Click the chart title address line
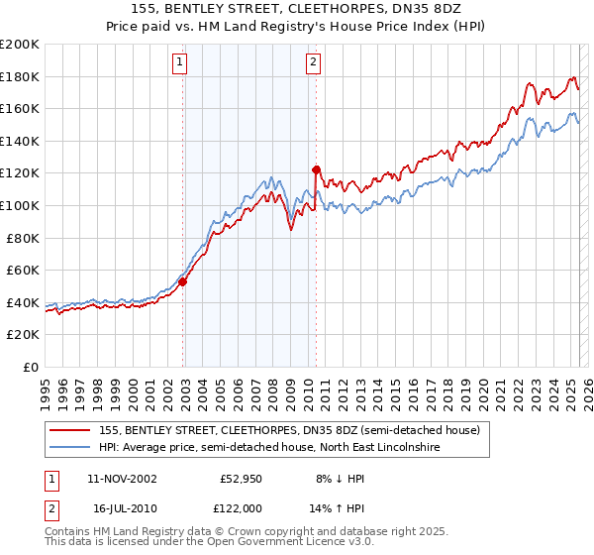296,9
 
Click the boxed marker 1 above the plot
180,62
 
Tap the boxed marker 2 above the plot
313,62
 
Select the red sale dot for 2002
183,281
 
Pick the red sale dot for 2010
317,169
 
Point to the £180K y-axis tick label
20,76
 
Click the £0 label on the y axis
30,367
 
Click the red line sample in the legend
70,430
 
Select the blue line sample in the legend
70,448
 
